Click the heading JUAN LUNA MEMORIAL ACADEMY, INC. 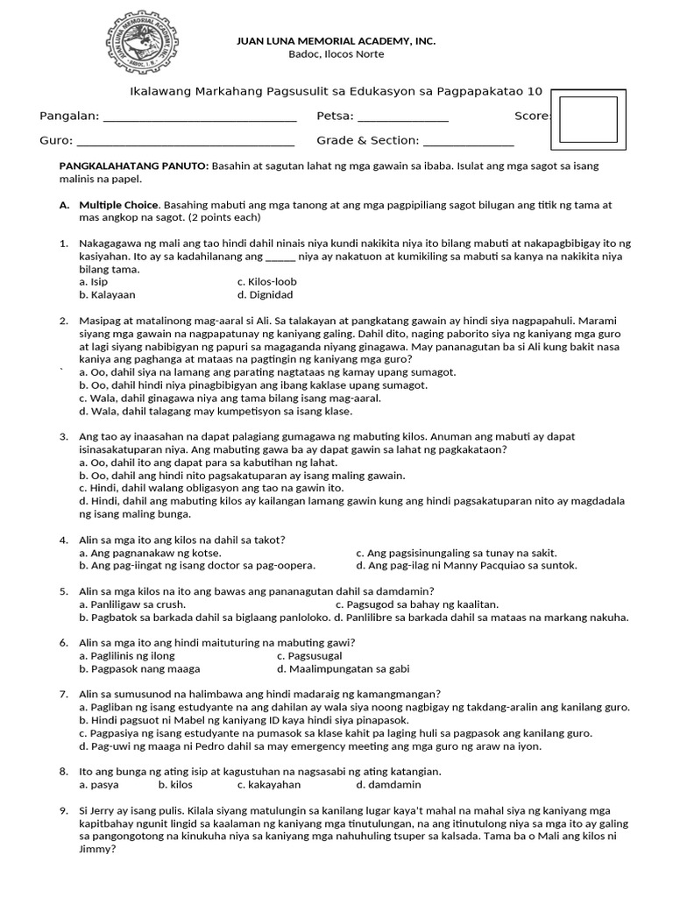(x=336, y=41)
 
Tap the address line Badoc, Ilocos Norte (x=336, y=54)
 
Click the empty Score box (x=588, y=119)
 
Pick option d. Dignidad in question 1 (x=265, y=295)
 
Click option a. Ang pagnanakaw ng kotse (x=150, y=553)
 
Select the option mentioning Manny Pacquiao (x=466, y=566)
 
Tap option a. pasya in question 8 (x=98, y=784)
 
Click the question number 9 (x=64, y=811)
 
